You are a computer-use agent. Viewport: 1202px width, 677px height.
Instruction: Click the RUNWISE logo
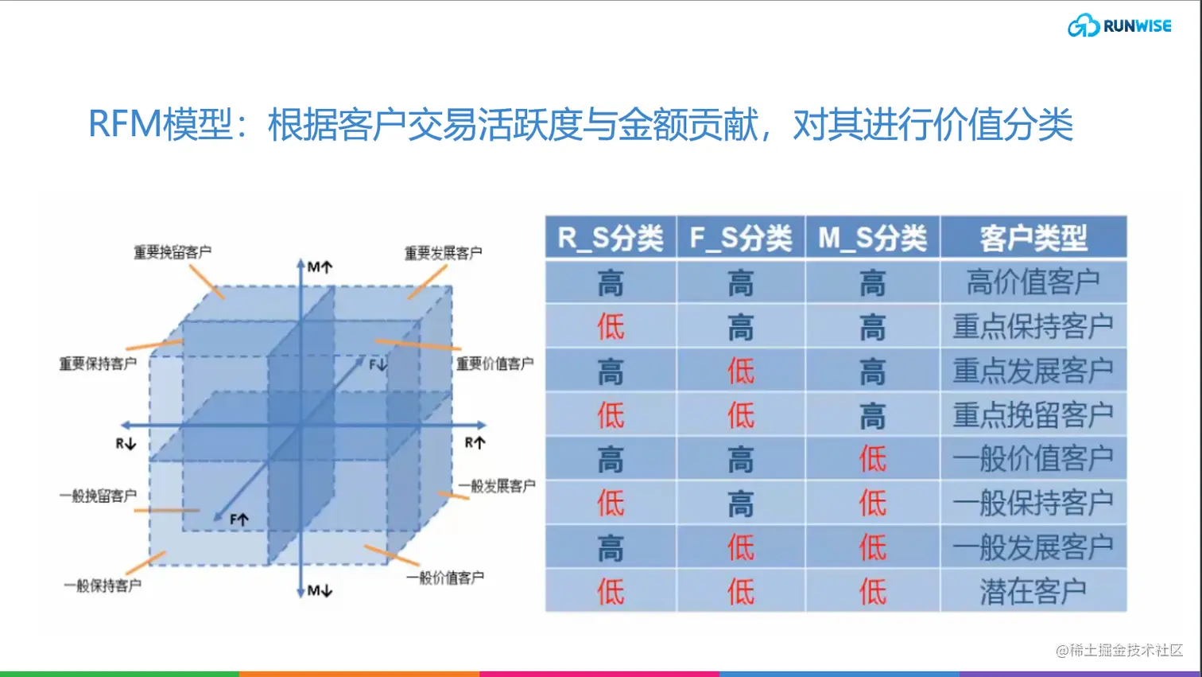pyautogui.click(x=1119, y=25)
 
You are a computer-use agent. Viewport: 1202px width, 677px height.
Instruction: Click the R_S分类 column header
pyautogui.click(x=610, y=238)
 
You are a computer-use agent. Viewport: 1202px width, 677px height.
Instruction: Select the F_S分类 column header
pyautogui.click(x=740, y=238)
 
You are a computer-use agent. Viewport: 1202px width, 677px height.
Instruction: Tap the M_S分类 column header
pyautogui.click(x=872, y=238)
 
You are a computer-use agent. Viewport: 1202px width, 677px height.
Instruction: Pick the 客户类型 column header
pyautogui.click(x=1033, y=238)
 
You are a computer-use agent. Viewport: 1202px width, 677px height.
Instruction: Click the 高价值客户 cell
pyautogui.click(x=1033, y=282)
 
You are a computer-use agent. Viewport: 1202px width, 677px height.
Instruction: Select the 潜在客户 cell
pyautogui.click(x=1033, y=591)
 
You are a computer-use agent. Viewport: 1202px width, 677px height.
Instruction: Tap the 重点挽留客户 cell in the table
pyautogui.click(x=1033, y=414)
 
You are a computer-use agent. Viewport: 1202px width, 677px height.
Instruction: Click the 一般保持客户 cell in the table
pyautogui.click(x=1033, y=503)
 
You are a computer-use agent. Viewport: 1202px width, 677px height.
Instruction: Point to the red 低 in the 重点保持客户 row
pyautogui.click(x=611, y=326)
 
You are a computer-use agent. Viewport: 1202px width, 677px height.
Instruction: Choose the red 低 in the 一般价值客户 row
pyautogui.click(x=872, y=459)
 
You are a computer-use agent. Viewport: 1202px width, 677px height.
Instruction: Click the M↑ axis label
pyautogui.click(x=320, y=267)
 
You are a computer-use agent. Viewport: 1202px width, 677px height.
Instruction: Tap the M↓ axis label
pyautogui.click(x=320, y=590)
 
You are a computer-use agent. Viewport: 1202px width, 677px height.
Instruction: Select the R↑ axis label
pyautogui.click(x=475, y=443)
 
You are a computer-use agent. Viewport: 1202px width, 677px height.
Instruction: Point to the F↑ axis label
pyautogui.click(x=239, y=519)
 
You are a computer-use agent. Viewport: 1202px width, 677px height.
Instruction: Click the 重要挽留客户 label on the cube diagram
pyautogui.click(x=173, y=253)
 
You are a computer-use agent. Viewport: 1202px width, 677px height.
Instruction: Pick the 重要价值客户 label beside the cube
pyautogui.click(x=494, y=364)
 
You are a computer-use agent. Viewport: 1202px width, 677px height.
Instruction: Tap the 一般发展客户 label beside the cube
pyautogui.click(x=497, y=486)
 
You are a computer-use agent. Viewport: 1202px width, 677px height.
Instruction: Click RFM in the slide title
pyautogui.click(x=124, y=125)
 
